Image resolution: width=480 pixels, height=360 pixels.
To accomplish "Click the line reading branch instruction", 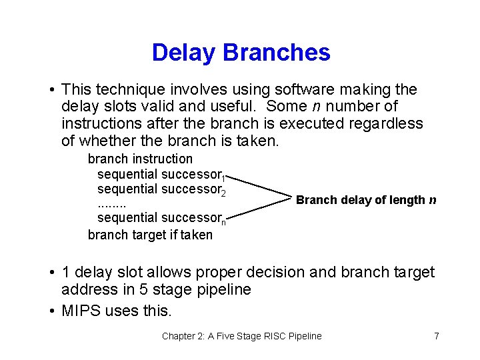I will pos(140,159).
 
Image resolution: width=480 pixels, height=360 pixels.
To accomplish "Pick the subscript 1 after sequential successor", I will pos(225,178).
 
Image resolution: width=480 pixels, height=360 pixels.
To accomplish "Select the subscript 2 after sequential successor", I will pos(224,193).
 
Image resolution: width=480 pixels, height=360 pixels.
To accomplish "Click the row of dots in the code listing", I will pos(111,203).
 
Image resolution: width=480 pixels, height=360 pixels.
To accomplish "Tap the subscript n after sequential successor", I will pos(223,222).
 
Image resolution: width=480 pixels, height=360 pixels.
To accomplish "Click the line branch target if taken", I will pos(150,235).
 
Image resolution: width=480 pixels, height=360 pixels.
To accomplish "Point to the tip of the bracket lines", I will pos(291,199).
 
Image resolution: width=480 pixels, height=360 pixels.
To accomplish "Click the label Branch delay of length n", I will pos(366,200).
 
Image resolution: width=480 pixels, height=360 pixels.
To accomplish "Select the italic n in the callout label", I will pos(433,200).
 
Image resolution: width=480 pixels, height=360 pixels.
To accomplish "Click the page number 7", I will pos(436,336).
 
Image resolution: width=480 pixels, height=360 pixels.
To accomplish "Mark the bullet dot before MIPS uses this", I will pos(51,311).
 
